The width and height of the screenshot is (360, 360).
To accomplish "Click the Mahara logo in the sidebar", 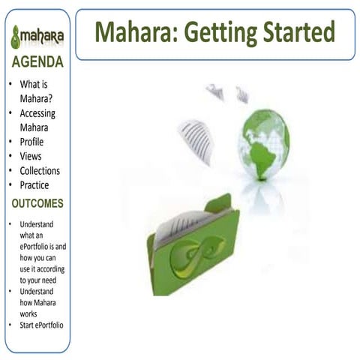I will [x=37, y=35].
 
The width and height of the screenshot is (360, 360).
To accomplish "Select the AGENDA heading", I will [x=37, y=62].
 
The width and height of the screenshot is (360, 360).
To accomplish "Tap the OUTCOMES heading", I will [x=37, y=203].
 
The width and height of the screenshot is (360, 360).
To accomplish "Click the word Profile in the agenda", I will [x=31, y=142].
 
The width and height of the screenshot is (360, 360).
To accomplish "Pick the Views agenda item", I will [x=31, y=156].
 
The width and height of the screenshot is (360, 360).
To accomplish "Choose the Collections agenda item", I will [x=40, y=170].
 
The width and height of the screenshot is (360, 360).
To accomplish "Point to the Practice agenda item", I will [x=34, y=184].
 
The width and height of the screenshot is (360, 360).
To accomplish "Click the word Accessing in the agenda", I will [x=37, y=113].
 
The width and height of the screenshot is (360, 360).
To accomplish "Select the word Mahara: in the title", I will [x=133, y=32].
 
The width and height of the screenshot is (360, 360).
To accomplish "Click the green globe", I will [x=264, y=144].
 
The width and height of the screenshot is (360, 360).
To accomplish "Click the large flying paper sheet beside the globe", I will [x=196, y=140].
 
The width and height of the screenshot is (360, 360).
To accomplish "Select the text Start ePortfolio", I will [x=41, y=325].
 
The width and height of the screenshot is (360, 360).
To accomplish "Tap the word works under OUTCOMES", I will [x=28, y=313].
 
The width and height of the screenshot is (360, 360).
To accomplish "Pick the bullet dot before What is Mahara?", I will [x=10, y=85].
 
